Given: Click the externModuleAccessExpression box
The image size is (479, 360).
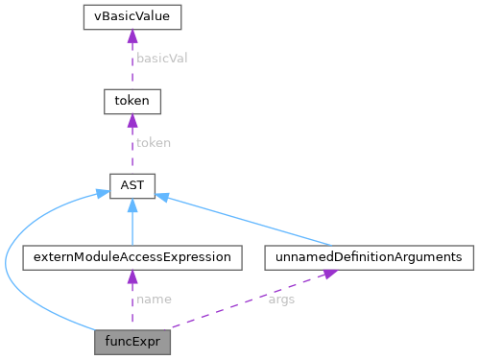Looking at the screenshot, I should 131,257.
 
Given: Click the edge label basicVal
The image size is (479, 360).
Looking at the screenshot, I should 161,58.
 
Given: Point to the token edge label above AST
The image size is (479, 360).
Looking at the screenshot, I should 153,142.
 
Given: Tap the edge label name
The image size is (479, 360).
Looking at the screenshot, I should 154,299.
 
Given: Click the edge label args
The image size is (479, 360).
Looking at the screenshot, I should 281,299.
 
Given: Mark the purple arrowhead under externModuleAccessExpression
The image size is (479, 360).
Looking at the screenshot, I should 131,276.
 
